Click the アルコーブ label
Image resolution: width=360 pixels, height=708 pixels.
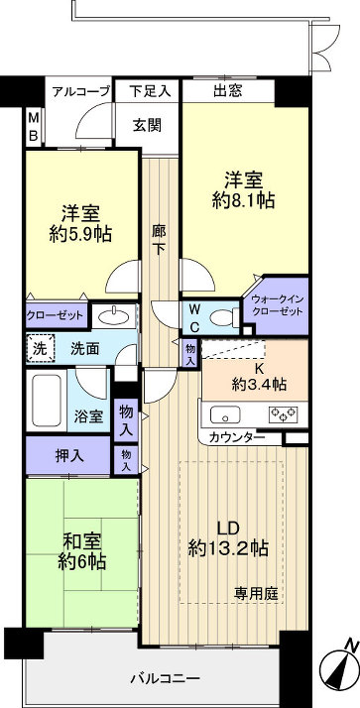click(x=82, y=91)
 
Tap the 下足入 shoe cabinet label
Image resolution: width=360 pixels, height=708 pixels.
click(x=150, y=91)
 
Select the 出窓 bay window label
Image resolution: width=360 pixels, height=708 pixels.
click(x=227, y=91)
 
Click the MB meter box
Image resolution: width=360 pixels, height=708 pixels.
click(x=33, y=126)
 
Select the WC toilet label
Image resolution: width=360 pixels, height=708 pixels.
click(x=195, y=316)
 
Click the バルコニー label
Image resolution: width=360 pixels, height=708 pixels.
click(x=167, y=679)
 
